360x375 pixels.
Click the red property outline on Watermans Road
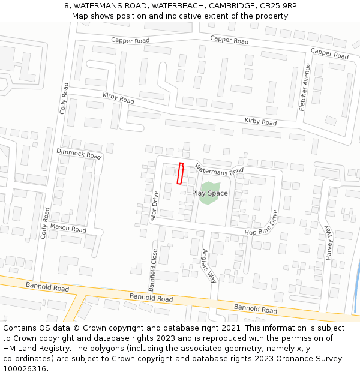click(179, 173)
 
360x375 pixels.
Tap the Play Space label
click(209, 193)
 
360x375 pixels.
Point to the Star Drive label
click(154, 205)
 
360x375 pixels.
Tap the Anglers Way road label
click(208, 266)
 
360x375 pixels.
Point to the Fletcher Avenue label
click(305, 83)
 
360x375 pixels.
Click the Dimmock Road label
click(79, 154)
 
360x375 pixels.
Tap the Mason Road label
click(68, 228)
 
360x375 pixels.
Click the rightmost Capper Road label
click(329, 53)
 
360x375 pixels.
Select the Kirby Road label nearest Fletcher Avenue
click(260, 121)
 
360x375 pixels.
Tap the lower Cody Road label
click(45, 223)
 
